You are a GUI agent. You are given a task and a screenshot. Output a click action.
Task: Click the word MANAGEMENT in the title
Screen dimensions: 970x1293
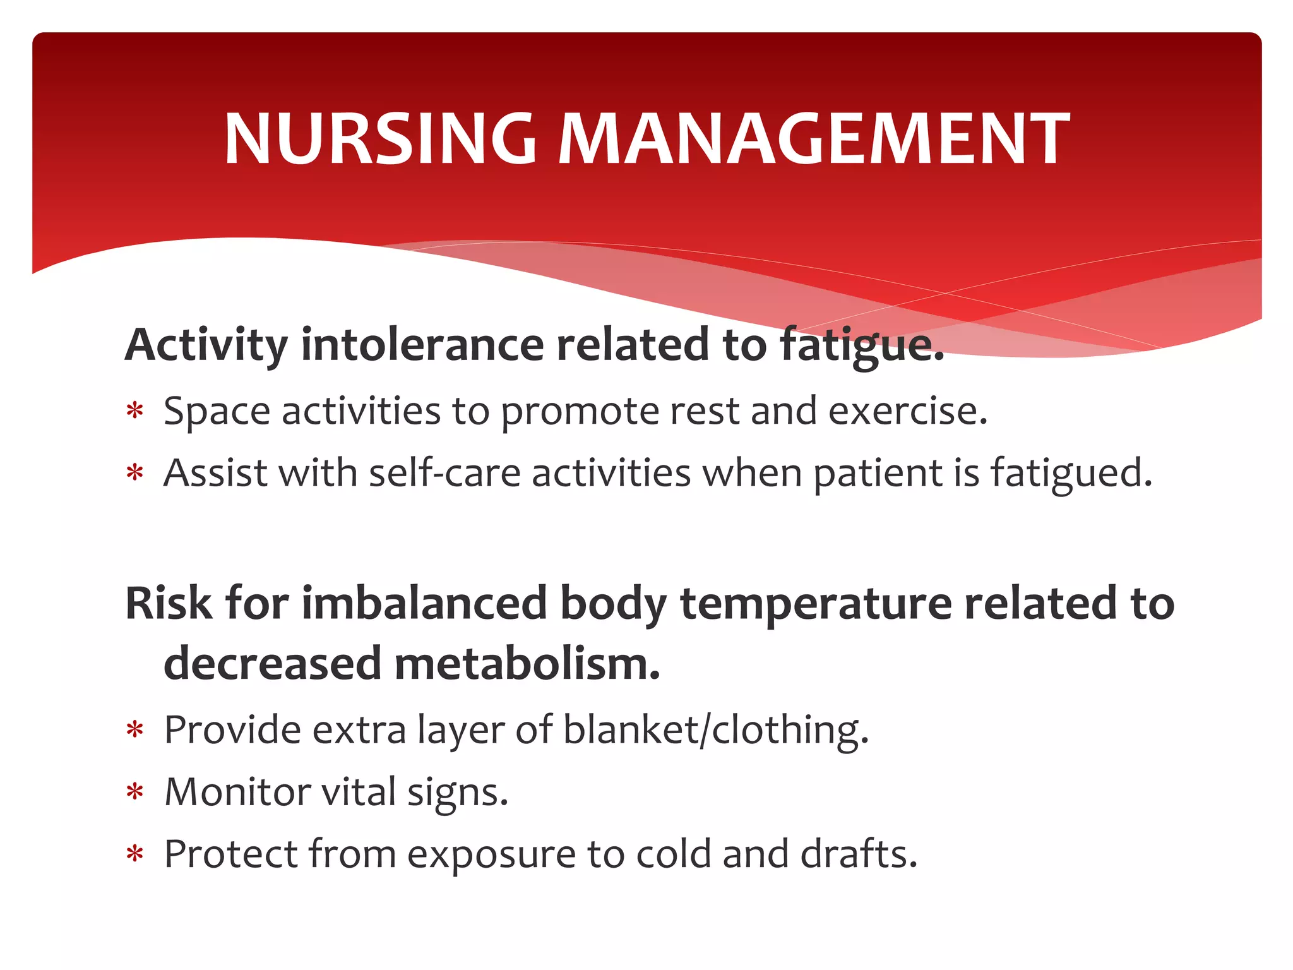click(x=814, y=139)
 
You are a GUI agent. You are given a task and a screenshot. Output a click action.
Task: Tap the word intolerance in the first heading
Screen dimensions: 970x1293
click(x=422, y=345)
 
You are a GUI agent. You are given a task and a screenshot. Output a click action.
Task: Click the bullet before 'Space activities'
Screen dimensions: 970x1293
click(x=135, y=412)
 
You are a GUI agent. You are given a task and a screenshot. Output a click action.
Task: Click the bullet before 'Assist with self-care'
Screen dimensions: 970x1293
click(x=135, y=474)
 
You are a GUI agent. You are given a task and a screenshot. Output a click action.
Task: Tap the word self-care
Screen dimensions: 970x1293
click(x=444, y=474)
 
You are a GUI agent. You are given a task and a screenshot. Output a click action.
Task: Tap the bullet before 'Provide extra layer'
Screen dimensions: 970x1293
click(x=135, y=731)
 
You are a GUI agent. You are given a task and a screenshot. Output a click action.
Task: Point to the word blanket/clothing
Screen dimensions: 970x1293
click(x=715, y=731)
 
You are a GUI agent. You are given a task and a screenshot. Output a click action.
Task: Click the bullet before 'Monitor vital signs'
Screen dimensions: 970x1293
click(x=135, y=793)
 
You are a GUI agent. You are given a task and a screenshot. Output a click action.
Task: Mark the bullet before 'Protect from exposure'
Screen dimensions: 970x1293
click(x=135, y=855)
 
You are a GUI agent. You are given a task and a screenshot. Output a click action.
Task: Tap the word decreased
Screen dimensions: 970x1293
click(x=273, y=664)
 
